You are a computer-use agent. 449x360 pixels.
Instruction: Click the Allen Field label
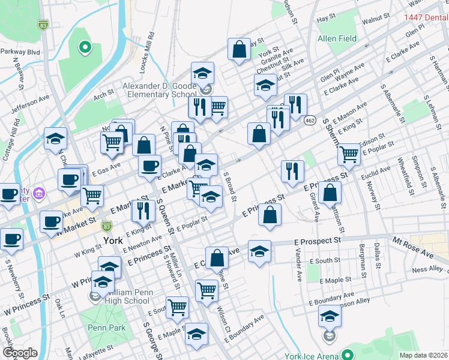point(337,39)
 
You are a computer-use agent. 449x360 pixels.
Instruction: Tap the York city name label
point(113,240)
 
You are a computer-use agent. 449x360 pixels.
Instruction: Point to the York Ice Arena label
point(309,356)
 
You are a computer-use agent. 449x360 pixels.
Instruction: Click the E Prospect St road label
point(318,240)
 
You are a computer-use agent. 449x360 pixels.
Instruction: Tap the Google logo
point(20,353)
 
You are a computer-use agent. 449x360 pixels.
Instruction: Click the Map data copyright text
point(423,355)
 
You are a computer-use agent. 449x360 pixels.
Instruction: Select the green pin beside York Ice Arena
point(346,355)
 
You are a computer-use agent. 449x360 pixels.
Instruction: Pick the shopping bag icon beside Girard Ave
point(330,193)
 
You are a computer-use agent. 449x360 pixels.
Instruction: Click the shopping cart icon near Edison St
point(349,154)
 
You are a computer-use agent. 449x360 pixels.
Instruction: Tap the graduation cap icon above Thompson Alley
point(330,316)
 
